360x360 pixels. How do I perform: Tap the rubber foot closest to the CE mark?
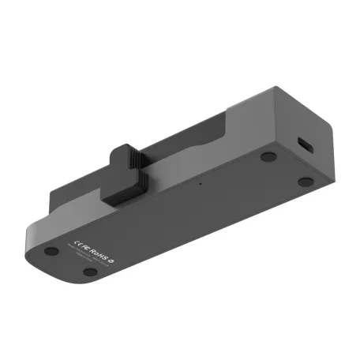tap(51, 251)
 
